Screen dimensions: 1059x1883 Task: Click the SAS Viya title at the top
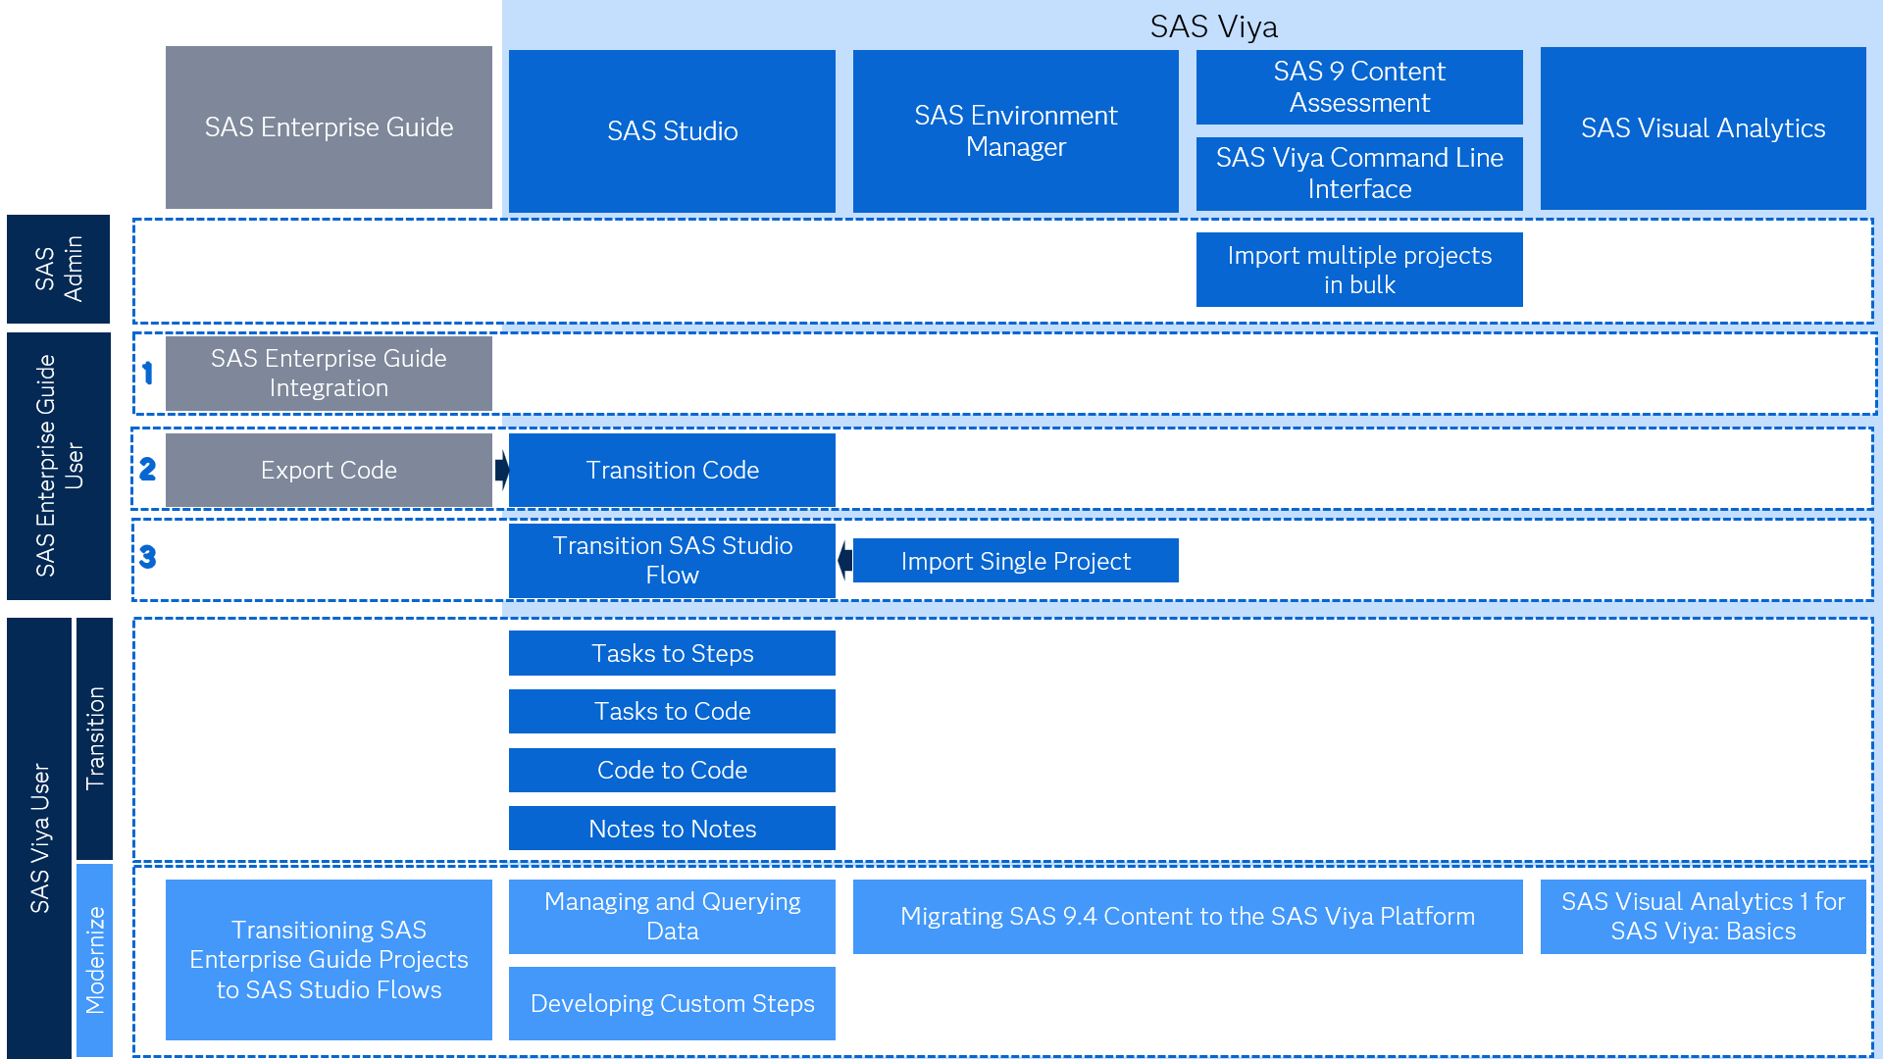tap(1213, 26)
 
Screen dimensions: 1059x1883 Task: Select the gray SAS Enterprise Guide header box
tap(329, 127)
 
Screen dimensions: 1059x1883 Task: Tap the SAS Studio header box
tap(672, 130)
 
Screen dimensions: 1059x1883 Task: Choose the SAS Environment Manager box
tap(1015, 130)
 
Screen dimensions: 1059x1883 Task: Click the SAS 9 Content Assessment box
tap(1358, 87)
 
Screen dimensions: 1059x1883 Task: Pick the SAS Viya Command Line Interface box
tap(1358, 174)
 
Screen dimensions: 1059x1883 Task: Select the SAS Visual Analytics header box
tap(1703, 128)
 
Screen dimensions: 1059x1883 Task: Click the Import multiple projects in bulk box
tap(1358, 270)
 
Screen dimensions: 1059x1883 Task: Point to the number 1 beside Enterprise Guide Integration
tap(148, 373)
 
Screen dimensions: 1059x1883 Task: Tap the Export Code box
tap(329, 471)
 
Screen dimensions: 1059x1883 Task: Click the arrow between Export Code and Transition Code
tap(501, 470)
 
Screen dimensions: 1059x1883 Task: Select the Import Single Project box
tap(1015, 561)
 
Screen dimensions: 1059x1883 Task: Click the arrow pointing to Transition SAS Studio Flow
tap(844, 561)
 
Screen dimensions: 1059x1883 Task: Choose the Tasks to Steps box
tap(672, 653)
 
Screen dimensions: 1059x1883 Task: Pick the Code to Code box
tap(672, 770)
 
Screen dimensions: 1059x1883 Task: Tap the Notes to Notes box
tap(672, 829)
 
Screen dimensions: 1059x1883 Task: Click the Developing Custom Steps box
tap(672, 1003)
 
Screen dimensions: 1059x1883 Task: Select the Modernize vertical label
tap(94, 959)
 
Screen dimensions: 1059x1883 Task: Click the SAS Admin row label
tap(58, 269)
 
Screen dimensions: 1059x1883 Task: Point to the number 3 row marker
tap(148, 557)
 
